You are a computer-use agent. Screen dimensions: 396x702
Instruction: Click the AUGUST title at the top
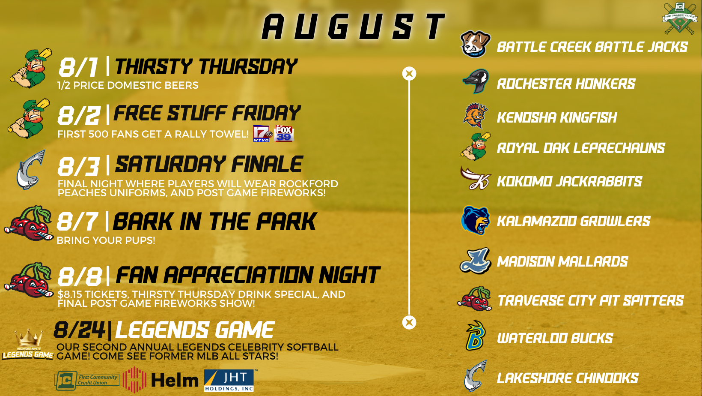click(354, 27)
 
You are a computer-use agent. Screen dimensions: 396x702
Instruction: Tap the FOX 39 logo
click(284, 133)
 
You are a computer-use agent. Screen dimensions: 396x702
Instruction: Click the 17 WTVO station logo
click(262, 133)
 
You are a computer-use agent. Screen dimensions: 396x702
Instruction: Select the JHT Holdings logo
click(229, 381)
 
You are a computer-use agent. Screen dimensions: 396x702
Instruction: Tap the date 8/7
click(77, 222)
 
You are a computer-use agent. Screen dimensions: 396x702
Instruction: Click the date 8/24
click(80, 330)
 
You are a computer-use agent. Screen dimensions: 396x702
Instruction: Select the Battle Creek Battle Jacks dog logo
click(475, 44)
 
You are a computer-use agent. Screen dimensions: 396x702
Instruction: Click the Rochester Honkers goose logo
click(476, 81)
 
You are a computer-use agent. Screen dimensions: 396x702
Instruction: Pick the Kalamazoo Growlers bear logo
click(475, 220)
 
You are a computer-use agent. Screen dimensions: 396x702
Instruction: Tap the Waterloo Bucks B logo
click(475, 336)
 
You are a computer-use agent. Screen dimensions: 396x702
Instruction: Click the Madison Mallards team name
click(562, 261)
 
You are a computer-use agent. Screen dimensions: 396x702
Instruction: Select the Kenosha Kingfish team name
click(556, 117)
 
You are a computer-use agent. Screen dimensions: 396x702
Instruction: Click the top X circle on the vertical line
click(409, 74)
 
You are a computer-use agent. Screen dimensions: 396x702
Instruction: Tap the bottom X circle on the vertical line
click(409, 322)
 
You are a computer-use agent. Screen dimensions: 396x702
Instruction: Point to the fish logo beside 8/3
click(31, 170)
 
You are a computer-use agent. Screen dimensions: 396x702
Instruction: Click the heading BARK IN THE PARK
click(214, 222)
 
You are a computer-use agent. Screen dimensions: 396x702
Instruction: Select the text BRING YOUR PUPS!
click(106, 240)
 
